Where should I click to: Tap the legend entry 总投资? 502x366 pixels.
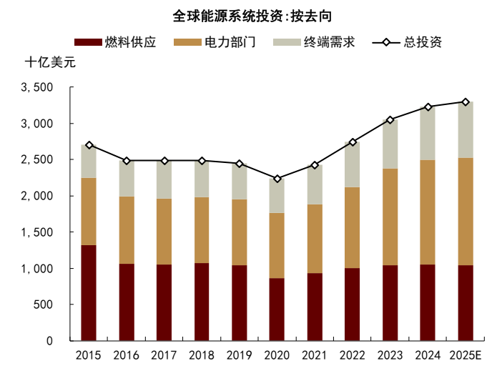423,42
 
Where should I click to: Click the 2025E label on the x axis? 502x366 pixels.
466,355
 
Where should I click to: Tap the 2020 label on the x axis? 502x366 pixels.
277,355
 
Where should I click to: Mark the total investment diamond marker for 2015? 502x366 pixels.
89,145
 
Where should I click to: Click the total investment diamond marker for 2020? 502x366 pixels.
277,179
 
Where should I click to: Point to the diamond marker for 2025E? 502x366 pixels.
466,102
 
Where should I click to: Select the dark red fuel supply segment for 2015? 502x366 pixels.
89,292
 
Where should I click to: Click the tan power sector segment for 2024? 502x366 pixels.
428,212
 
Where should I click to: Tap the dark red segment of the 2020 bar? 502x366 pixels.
277,309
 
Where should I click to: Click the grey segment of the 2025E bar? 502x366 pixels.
466,130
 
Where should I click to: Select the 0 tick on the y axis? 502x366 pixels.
49,341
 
